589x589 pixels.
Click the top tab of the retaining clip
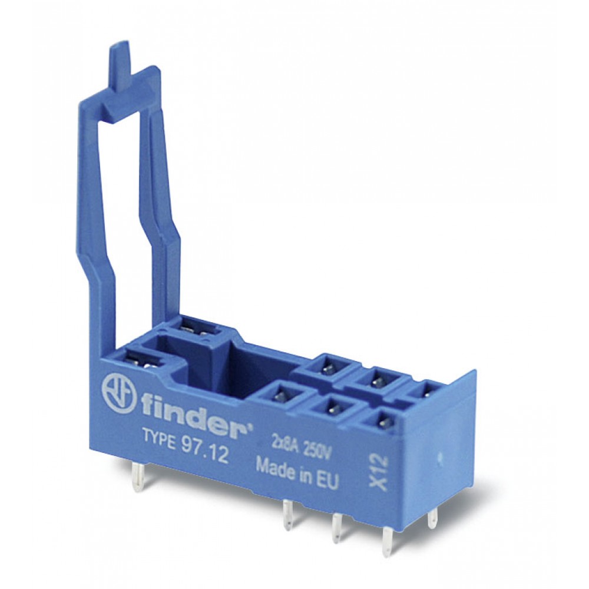click(x=117, y=65)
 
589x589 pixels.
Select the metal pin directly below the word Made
click(x=288, y=512)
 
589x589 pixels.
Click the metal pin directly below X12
click(x=386, y=538)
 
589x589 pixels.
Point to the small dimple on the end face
click(x=442, y=455)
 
